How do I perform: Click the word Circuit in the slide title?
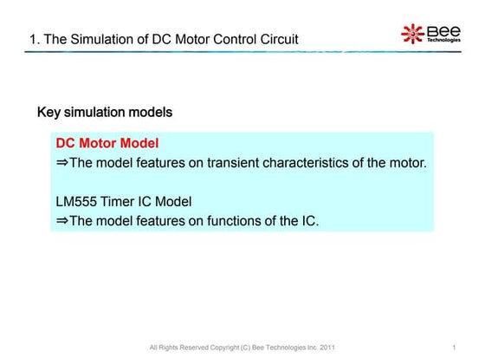coord(275,39)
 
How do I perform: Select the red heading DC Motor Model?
coord(107,142)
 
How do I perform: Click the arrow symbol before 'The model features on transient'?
coord(61,162)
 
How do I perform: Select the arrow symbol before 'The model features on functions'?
coord(61,221)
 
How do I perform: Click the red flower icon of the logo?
coord(412,34)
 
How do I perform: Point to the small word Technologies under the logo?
coord(443,41)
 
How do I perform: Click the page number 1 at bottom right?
coord(454,348)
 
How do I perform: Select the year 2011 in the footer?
coord(327,348)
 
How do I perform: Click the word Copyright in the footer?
coord(229,348)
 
